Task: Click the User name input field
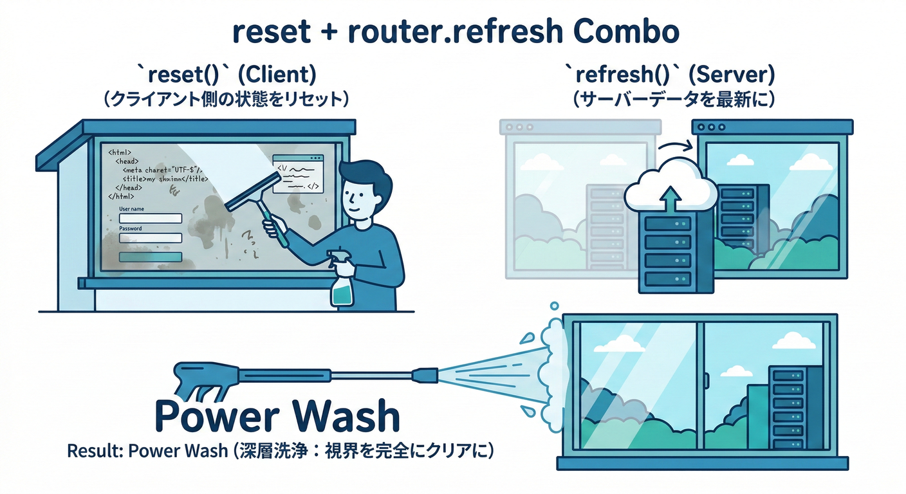pyautogui.click(x=151, y=219)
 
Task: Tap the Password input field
pyautogui.click(x=151, y=238)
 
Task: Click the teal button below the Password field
pyautogui.click(x=151, y=257)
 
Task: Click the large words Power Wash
pyautogui.click(x=277, y=417)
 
